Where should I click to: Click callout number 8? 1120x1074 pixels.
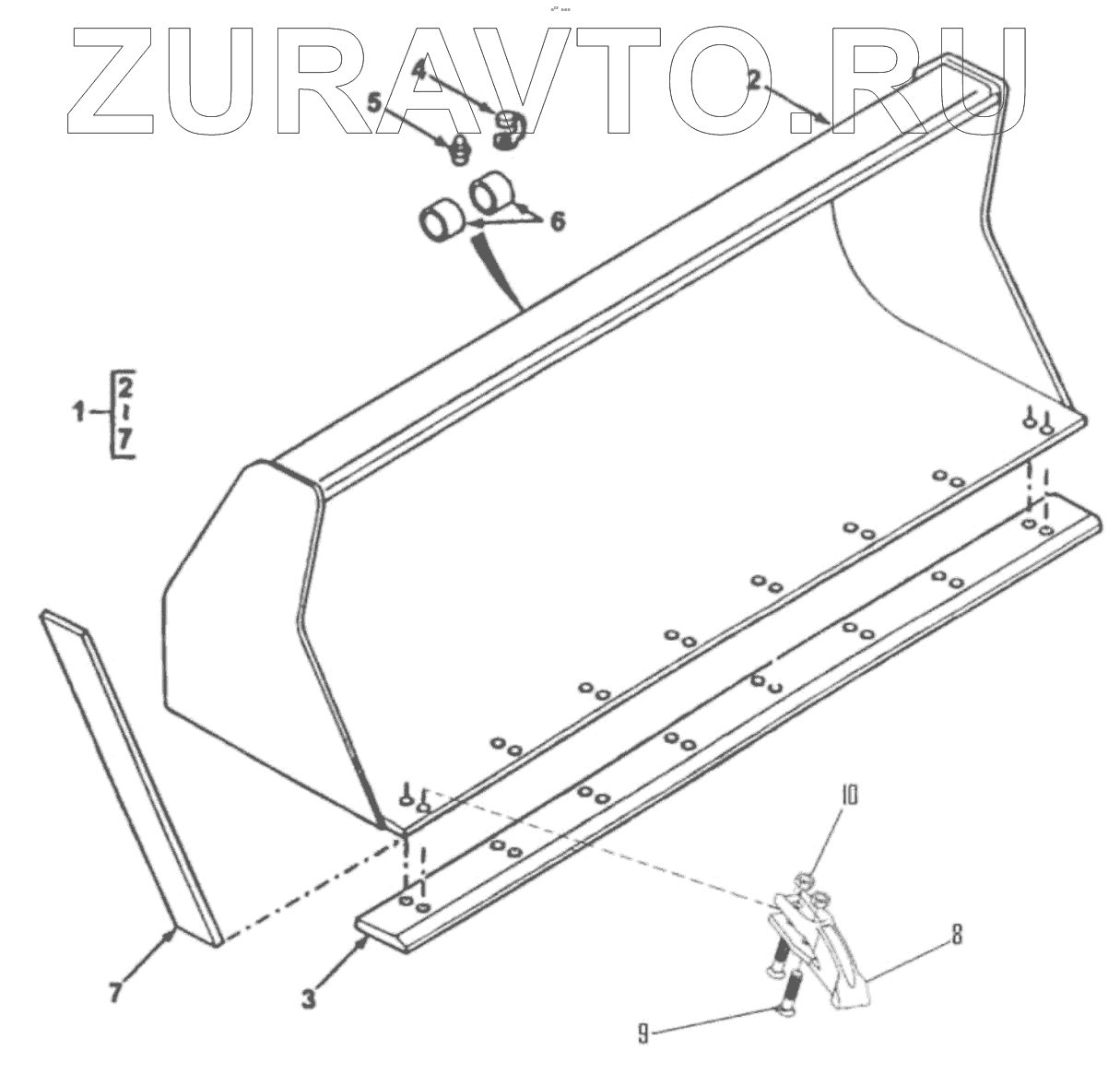tap(956, 935)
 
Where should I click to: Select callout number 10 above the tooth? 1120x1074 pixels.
tap(848, 795)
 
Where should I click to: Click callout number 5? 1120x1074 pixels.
tap(374, 101)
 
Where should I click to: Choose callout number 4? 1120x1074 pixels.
tap(419, 69)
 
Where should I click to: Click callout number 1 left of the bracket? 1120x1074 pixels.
tap(79, 411)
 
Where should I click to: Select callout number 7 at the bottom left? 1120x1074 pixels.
tap(115, 993)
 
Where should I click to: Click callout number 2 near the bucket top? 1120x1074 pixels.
tap(753, 79)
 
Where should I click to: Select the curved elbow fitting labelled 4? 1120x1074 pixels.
tap(507, 129)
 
